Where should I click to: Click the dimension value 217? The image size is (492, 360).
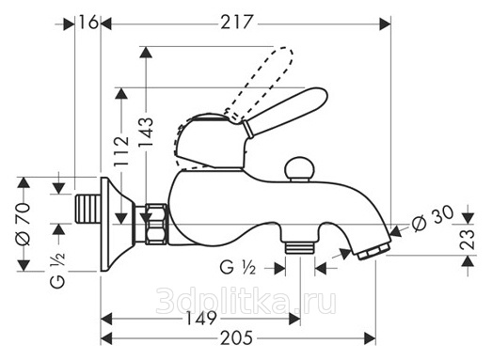(x=236, y=23)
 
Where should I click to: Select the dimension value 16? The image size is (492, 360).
(x=88, y=22)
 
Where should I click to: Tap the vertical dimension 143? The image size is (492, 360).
(x=146, y=132)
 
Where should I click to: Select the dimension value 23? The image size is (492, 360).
(x=468, y=240)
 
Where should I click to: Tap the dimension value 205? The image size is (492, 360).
(x=236, y=337)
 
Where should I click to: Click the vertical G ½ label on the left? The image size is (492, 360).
(x=58, y=270)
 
